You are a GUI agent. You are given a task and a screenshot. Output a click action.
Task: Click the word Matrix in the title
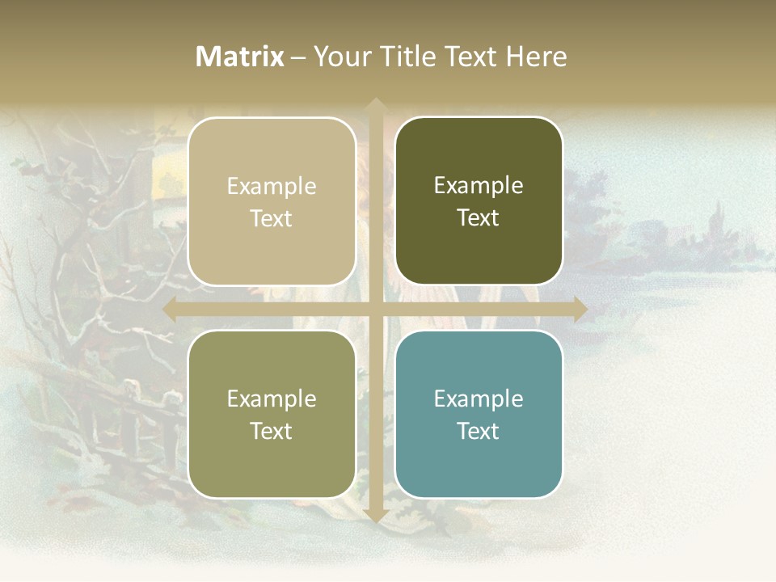(240, 57)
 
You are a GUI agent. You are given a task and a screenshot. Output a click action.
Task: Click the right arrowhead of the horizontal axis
(580, 310)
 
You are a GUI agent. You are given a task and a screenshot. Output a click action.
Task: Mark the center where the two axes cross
(375, 310)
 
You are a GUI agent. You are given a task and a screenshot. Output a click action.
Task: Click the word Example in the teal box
(479, 399)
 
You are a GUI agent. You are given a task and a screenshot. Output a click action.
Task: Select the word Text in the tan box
(272, 218)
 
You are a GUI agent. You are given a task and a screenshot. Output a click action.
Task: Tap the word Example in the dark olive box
(479, 185)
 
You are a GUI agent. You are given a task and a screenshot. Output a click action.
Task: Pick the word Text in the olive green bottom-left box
(272, 431)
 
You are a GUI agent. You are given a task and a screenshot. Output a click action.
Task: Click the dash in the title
(298, 57)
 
